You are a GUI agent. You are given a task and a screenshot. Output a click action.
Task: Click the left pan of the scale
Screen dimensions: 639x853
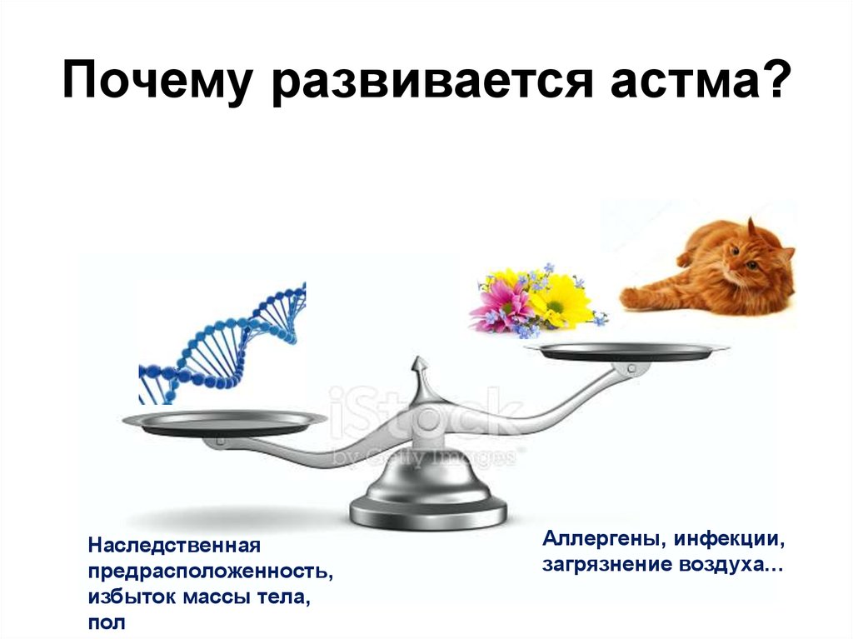click(225, 422)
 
